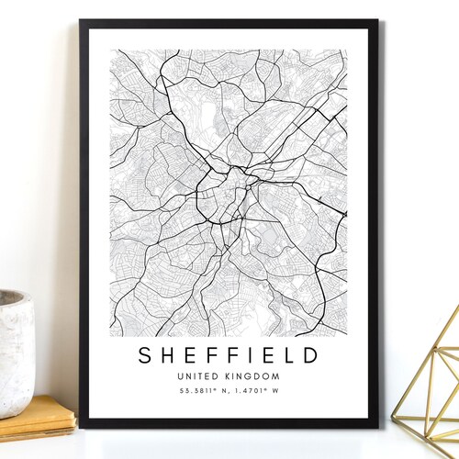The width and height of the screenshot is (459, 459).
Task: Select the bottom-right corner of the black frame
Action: point(376,426)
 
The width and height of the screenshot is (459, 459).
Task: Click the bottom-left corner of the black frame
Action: point(81,426)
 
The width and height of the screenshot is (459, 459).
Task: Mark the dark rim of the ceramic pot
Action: point(13,298)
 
